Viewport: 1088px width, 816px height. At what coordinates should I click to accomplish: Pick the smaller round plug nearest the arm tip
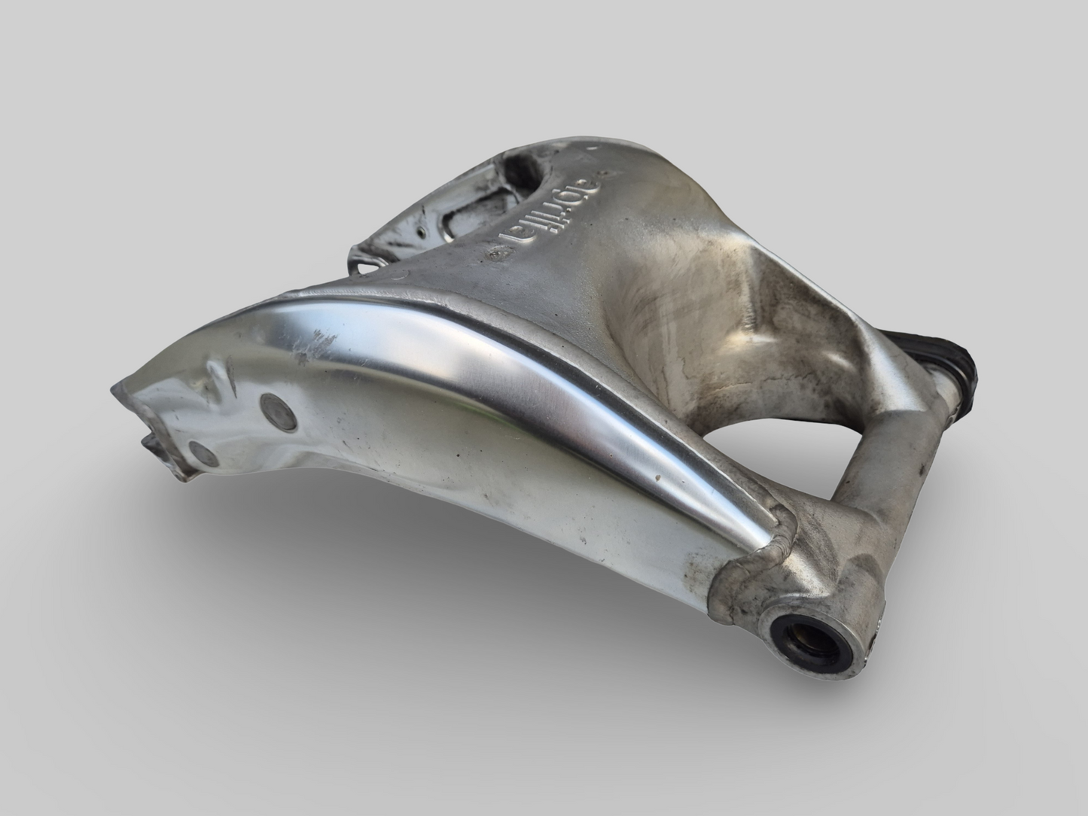coord(202,452)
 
